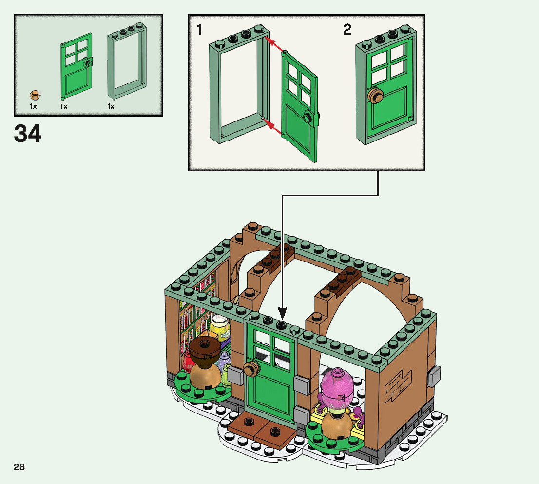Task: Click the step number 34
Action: point(28,134)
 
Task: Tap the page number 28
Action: point(19,467)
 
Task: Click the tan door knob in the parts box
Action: point(34,95)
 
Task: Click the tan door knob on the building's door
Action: point(250,369)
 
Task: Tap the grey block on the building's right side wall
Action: point(434,376)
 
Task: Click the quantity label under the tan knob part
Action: point(33,106)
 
